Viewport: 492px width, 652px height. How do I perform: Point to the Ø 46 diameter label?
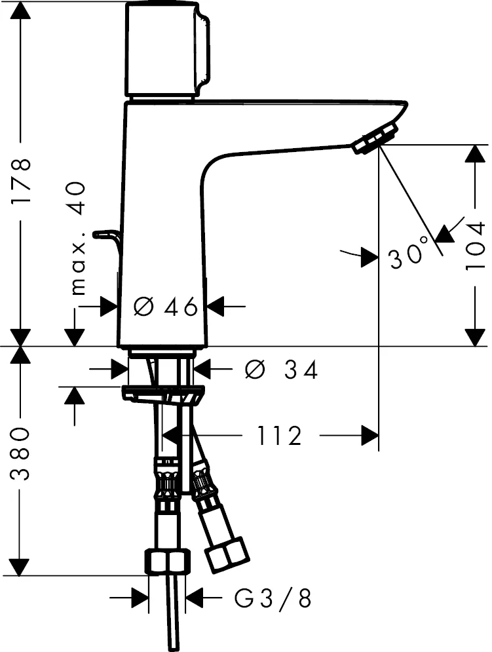(x=165, y=306)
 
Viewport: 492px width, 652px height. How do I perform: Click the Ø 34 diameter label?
(x=281, y=370)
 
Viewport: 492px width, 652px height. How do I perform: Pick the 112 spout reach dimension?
(x=278, y=434)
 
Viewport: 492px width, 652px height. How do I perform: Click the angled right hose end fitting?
(x=226, y=552)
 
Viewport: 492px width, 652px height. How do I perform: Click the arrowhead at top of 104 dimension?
(x=473, y=154)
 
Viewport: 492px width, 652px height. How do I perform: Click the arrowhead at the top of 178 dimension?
(x=22, y=10)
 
